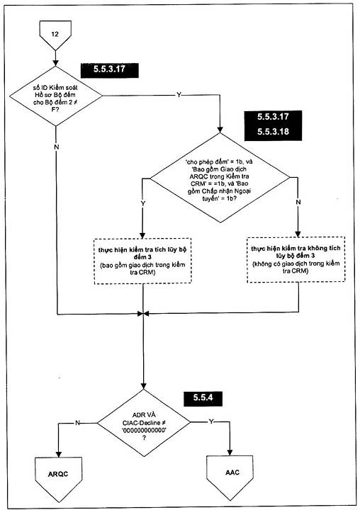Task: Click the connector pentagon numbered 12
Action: click(x=55, y=35)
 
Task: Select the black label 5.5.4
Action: click(x=203, y=398)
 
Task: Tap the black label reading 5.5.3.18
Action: click(x=273, y=132)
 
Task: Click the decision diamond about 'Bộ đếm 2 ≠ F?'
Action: click(x=56, y=96)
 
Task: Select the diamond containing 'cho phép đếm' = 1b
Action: click(x=220, y=178)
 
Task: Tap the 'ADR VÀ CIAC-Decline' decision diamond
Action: click(x=144, y=423)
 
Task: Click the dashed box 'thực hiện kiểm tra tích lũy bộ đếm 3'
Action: click(x=142, y=261)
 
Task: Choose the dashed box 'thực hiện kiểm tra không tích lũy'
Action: click(x=296, y=259)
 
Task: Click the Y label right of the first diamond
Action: click(x=179, y=95)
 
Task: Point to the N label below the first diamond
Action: click(x=56, y=147)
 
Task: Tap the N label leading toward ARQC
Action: click(x=77, y=423)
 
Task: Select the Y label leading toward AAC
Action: click(x=211, y=422)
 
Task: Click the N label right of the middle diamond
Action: click(x=298, y=202)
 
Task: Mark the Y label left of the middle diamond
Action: click(x=142, y=203)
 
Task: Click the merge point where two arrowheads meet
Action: click(x=143, y=314)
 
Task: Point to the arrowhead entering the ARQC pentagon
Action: click(x=59, y=454)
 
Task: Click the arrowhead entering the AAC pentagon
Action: click(x=230, y=453)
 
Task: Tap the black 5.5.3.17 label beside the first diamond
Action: click(x=109, y=69)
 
